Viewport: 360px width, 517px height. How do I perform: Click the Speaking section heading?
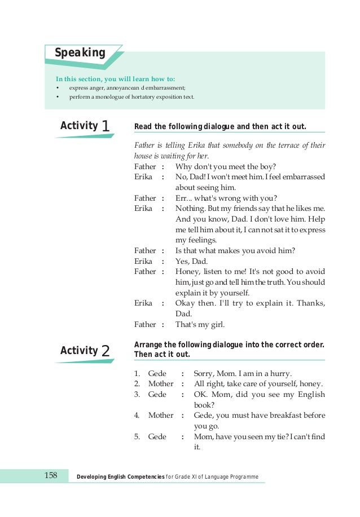(x=80, y=53)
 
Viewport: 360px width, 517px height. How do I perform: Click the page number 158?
(x=51, y=476)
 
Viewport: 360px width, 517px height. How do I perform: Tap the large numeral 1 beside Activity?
(x=105, y=127)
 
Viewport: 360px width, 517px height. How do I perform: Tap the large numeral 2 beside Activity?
(x=105, y=351)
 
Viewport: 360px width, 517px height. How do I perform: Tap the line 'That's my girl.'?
(x=200, y=324)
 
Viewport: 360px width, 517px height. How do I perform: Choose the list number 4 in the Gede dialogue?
(x=137, y=415)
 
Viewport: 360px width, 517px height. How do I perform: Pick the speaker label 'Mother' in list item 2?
(x=160, y=384)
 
